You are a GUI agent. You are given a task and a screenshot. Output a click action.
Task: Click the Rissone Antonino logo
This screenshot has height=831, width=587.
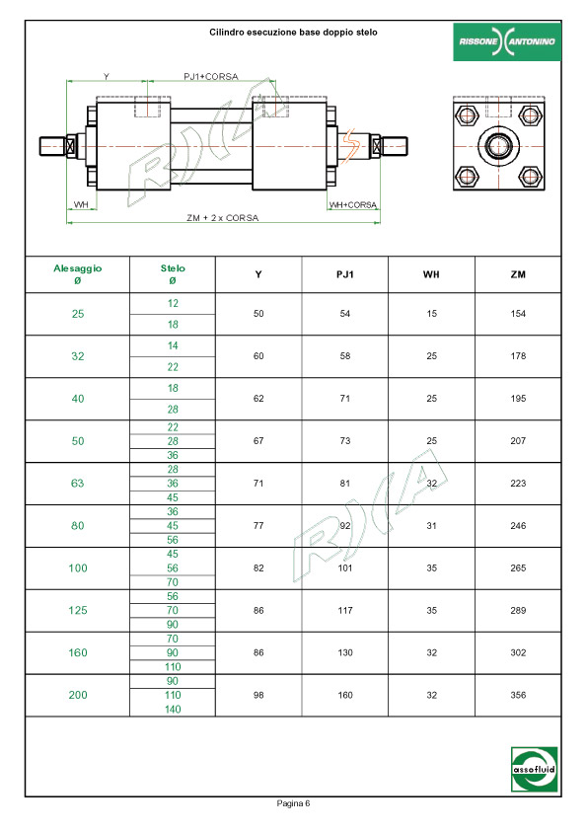coord(506,41)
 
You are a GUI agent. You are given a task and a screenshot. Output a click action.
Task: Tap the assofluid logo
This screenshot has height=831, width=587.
coord(534,769)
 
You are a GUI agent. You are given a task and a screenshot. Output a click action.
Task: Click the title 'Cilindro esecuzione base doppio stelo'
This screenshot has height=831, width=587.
coord(293,33)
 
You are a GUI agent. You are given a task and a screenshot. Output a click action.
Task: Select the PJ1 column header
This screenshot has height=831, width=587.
coord(345,274)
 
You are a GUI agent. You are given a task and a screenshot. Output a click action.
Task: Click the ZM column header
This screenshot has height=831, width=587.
coord(518,274)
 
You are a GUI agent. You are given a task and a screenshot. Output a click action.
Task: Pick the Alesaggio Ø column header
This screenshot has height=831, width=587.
coord(77,274)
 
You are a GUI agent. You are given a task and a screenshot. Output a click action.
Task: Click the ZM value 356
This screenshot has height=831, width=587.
coord(518,695)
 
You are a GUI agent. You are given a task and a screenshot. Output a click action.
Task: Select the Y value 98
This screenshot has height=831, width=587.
coord(258,695)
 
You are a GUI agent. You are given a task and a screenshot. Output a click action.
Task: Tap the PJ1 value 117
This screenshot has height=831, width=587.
coord(345,611)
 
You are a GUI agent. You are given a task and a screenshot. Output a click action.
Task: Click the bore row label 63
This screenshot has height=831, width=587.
coord(77,484)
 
